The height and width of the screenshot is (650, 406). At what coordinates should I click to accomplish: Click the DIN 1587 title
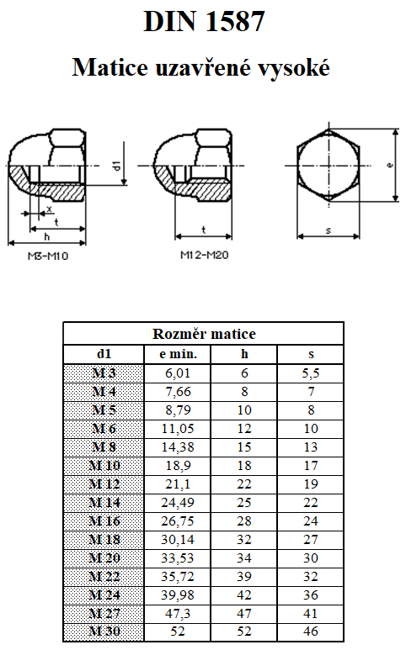(x=204, y=22)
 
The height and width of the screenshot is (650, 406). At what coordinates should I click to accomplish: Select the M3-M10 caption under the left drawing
(x=48, y=256)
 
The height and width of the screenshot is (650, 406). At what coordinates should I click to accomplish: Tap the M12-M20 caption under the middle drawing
(x=204, y=255)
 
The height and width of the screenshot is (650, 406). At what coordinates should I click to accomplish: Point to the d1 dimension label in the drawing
(x=116, y=165)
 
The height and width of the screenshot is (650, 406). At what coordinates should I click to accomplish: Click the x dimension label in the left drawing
(x=50, y=209)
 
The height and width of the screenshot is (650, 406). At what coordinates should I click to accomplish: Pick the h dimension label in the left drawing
(x=47, y=236)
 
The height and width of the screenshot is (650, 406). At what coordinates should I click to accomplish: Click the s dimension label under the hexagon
(x=329, y=230)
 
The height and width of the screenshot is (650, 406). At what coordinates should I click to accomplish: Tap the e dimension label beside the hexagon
(x=389, y=165)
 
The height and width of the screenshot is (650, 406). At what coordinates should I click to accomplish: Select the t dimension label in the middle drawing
(x=203, y=230)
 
